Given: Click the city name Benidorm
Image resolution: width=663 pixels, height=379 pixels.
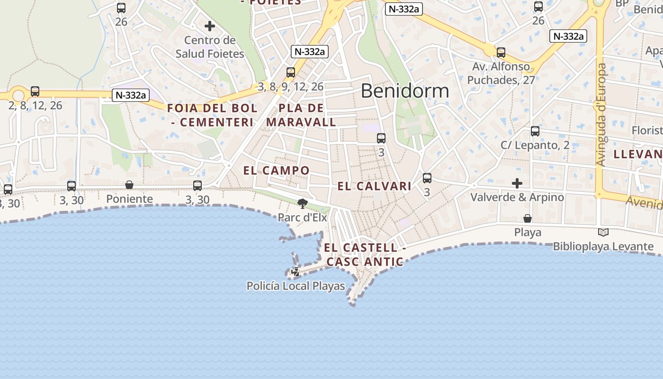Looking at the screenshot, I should pyautogui.click(x=405, y=90).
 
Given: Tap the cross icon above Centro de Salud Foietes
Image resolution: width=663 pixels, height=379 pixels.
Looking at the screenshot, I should pyautogui.click(x=210, y=26).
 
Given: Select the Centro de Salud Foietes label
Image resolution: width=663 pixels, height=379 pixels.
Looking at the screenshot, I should pyautogui.click(x=210, y=47).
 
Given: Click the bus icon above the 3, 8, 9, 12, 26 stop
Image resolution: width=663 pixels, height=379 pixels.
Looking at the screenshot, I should pyautogui.click(x=291, y=72).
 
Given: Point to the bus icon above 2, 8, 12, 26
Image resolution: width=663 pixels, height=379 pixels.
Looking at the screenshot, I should pyautogui.click(x=35, y=91).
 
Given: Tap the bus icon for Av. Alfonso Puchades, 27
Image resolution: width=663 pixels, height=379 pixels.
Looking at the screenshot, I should pyautogui.click(x=501, y=53).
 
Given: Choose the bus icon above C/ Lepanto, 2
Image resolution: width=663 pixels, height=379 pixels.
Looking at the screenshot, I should pyautogui.click(x=535, y=131).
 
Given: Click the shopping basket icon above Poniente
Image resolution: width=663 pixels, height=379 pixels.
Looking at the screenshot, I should pyautogui.click(x=129, y=185).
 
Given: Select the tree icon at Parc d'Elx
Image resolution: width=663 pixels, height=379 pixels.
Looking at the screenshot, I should pyautogui.click(x=302, y=204).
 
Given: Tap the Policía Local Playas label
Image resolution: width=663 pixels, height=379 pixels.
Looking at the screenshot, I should pyautogui.click(x=296, y=286).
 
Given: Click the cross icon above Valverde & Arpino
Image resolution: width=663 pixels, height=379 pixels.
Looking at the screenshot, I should pyautogui.click(x=517, y=183).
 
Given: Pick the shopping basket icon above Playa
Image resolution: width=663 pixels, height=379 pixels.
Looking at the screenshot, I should pyautogui.click(x=528, y=218).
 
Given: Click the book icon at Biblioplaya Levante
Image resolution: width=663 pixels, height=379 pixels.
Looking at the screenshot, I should pyautogui.click(x=603, y=232).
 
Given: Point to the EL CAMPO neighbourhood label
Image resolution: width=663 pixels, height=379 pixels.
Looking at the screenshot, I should pyautogui.click(x=277, y=171).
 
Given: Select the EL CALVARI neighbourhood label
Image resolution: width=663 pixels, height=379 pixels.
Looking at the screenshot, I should pyautogui.click(x=374, y=186).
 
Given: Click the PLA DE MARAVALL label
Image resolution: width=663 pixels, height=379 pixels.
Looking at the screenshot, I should pyautogui.click(x=301, y=115).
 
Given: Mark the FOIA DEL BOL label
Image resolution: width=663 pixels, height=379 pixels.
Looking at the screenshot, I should pyautogui.click(x=213, y=108).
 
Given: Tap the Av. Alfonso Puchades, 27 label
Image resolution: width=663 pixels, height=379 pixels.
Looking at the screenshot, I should pyautogui.click(x=501, y=73).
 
